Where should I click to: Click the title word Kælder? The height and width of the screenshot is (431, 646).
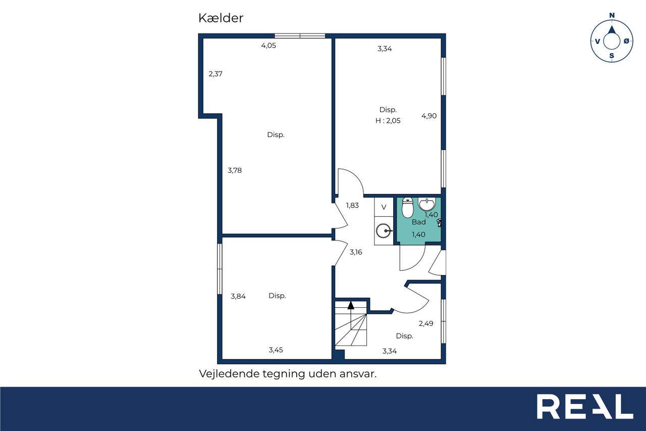[x=221, y=18]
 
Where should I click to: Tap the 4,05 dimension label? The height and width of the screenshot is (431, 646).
[x=268, y=45]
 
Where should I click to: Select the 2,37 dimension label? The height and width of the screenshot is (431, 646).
[x=216, y=74]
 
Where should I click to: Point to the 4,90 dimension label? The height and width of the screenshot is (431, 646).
[x=429, y=116]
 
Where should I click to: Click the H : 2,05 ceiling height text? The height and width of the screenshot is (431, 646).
[x=388, y=121]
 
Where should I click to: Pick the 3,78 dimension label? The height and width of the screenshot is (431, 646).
[x=235, y=170]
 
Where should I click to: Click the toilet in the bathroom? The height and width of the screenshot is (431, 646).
[x=407, y=208]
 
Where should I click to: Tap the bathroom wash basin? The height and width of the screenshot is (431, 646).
[x=426, y=205]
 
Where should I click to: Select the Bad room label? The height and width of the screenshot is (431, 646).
[x=419, y=222]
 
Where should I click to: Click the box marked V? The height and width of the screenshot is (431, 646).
[x=384, y=207]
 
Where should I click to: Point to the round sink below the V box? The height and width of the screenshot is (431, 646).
[x=384, y=231]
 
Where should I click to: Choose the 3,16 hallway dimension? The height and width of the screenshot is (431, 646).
[x=356, y=252]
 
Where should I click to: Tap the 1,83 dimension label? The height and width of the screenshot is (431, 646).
[x=352, y=205]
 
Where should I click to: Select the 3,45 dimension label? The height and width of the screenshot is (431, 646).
[x=276, y=350]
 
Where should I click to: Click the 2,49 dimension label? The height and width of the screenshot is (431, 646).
[x=426, y=323]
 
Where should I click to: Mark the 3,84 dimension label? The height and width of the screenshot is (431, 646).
[x=238, y=296]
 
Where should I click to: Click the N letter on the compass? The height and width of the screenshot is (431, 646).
[x=612, y=15]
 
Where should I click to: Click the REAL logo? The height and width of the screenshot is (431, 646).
[x=585, y=406]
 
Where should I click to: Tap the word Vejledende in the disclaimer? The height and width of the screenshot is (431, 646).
[x=229, y=374]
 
